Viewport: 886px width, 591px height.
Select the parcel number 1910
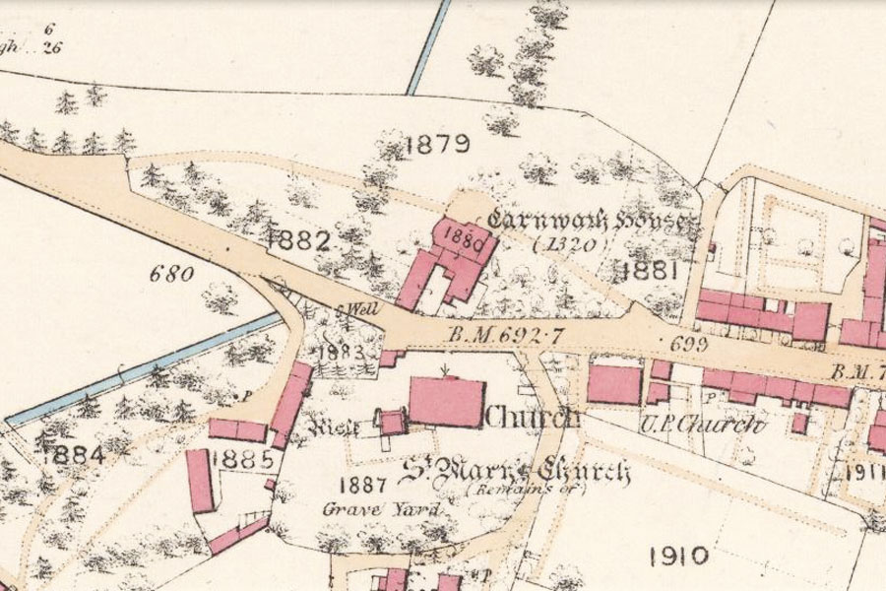679,556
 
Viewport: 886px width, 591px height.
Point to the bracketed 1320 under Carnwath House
565,245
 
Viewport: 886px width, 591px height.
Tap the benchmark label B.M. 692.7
505,336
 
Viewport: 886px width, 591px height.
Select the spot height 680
170,274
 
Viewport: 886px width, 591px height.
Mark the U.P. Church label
716,426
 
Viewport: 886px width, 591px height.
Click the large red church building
444,401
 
